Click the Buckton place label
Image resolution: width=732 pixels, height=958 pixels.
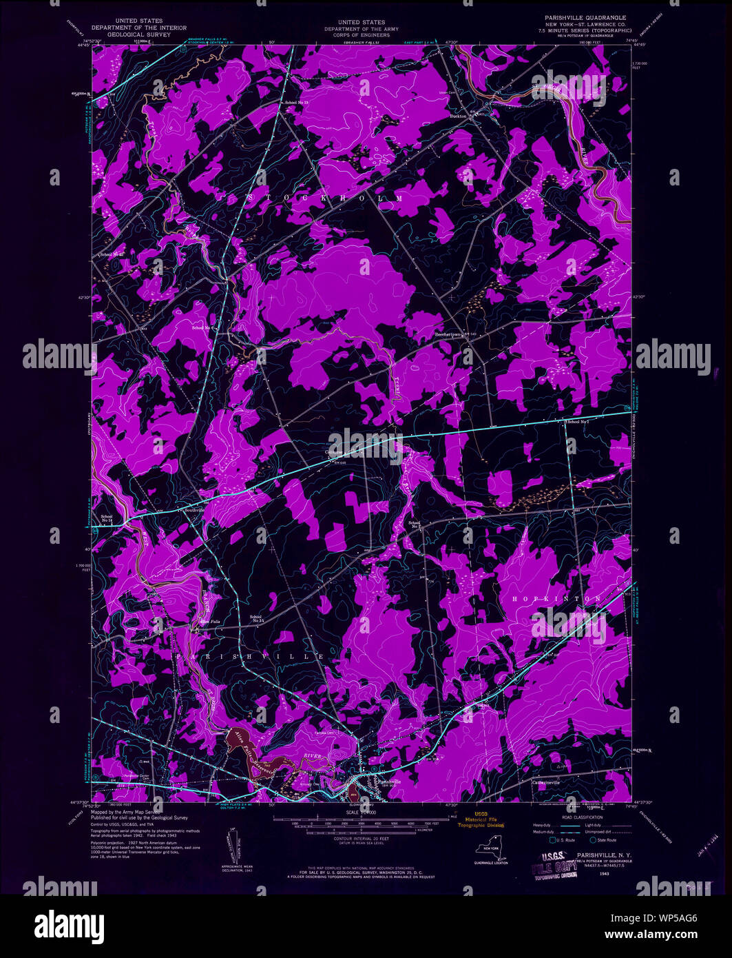(458, 116)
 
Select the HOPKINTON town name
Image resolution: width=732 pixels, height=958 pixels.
(557, 600)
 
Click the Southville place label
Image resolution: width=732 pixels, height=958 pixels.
(193, 511)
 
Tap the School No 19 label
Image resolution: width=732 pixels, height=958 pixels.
(297, 103)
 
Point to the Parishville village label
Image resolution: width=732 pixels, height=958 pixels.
(389, 782)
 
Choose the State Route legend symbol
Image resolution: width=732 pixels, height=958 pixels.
(592, 840)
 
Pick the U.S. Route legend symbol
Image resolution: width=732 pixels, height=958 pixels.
(552, 840)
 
